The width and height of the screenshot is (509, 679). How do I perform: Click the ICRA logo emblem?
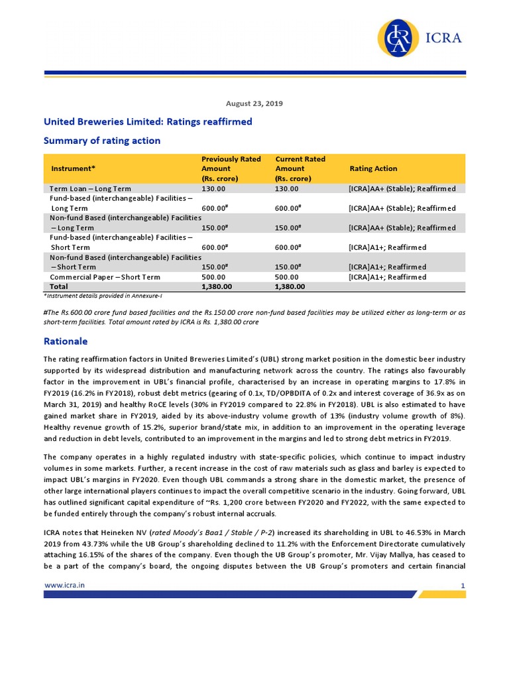tap(399, 37)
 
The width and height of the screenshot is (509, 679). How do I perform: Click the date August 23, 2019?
tap(254, 103)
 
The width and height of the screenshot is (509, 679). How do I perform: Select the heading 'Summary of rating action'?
tap(101, 141)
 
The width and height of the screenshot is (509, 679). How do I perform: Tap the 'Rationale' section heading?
tap(65, 341)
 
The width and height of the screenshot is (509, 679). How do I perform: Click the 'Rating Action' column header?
tap(373, 169)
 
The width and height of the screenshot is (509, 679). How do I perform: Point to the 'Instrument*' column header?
tap(74, 169)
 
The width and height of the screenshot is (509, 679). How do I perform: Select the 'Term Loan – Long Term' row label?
tap(90, 189)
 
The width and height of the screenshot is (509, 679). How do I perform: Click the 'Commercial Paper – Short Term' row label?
tap(105, 277)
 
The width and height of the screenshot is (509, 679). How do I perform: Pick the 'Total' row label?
tap(59, 286)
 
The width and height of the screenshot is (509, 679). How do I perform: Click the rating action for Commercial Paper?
tap(388, 277)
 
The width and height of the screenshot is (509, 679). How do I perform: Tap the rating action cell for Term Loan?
tap(402, 189)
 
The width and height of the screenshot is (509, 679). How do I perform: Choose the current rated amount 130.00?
tap(286, 189)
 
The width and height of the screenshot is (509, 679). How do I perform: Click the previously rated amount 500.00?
tap(213, 277)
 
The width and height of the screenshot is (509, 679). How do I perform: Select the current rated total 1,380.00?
tap(290, 286)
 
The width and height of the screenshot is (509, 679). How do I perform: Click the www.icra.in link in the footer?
tap(64, 585)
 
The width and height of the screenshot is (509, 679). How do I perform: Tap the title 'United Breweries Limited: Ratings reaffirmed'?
tap(148, 122)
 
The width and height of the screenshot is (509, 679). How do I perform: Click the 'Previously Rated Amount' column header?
tap(231, 169)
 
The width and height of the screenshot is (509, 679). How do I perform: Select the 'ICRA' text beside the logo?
tap(448, 38)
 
